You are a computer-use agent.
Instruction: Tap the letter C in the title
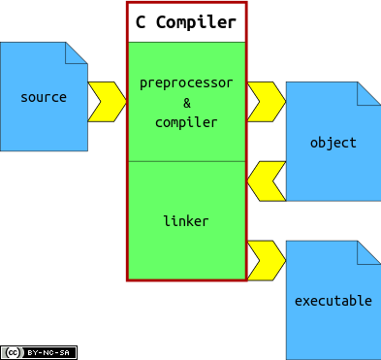tap(143, 22)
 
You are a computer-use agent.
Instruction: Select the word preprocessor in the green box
tap(186, 82)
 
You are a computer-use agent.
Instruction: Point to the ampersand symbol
tap(186, 103)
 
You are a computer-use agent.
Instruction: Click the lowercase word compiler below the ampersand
tap(186, 122)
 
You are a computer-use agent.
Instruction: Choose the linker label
tap(186, 221)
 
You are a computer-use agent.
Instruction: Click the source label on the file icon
tap(44, 97)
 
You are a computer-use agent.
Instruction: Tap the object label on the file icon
tap(333, 143)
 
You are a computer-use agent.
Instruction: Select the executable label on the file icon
tap(333, 301)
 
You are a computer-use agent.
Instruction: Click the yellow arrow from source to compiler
tap(108, 102)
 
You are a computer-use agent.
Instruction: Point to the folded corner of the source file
tap(78, 52)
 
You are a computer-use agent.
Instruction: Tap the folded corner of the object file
tap(369, 93)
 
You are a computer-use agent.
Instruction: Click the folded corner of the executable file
tap(369, 252)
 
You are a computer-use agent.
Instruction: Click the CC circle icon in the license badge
tap(12, 352)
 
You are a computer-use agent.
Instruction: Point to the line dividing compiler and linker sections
tap(186, 161)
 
